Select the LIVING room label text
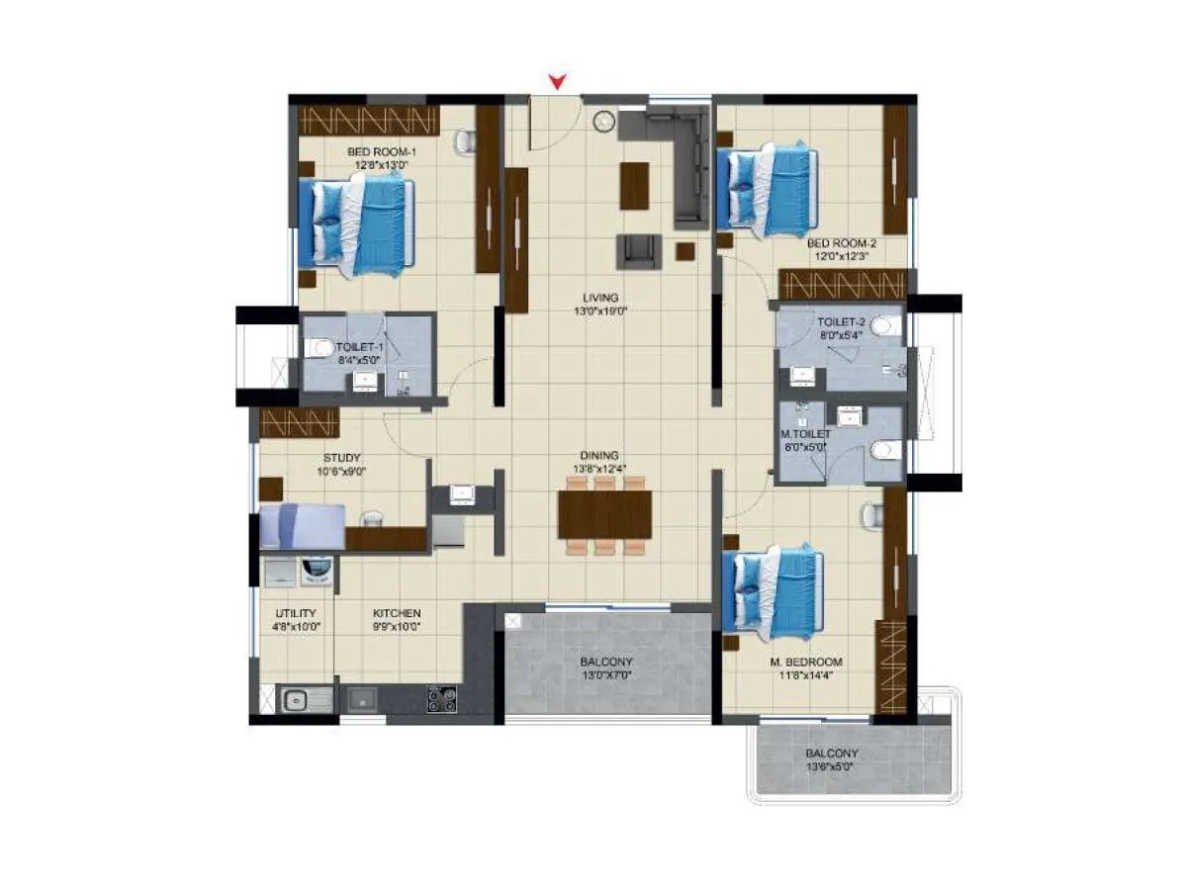pyautogui.click(x=600, y=297)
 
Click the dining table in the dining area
pyautogui.click(x=604, y=514)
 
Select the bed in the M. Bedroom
pyautogui.click(x=773, y=590)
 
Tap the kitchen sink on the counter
pyautogui.click(x=298, y=701)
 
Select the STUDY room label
pyautogui.click(x=341, y=458)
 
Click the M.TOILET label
pyautogui.click(x=805, y=433)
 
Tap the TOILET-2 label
pyautogui.click(x=841, y=322)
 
